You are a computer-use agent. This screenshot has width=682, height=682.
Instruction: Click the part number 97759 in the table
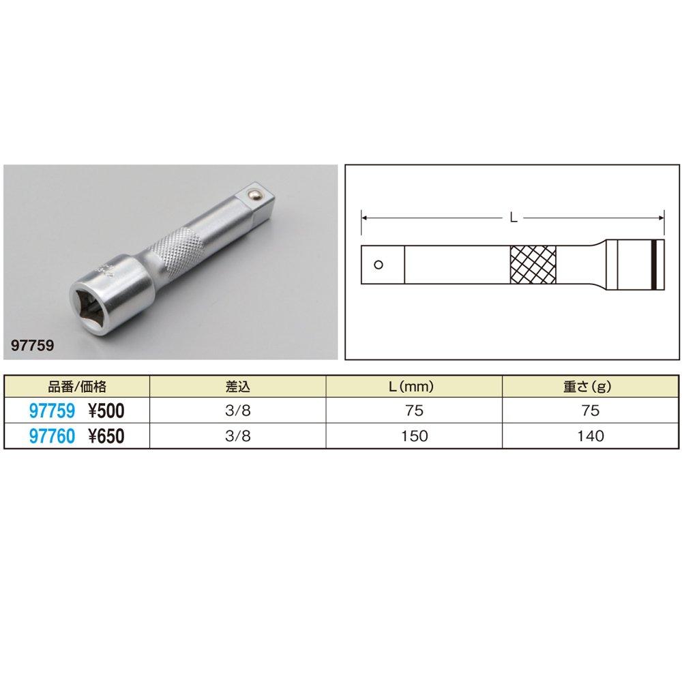[53, 411]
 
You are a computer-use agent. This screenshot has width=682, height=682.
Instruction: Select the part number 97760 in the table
[53, 436]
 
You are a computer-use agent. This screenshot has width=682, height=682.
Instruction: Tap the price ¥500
[106, 411]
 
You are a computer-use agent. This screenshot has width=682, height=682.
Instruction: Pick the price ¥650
[106, 436]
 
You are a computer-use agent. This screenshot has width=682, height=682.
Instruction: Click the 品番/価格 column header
[77, 386]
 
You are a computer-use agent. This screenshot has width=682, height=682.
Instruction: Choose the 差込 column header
[238, 386]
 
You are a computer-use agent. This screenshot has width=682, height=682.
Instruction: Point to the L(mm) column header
[411, 386]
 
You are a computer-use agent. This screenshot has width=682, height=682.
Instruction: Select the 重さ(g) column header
[588, 386]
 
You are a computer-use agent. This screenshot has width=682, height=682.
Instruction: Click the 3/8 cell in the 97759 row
[238, 411]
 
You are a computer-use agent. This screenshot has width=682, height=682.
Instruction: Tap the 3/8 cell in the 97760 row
[238, 436]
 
